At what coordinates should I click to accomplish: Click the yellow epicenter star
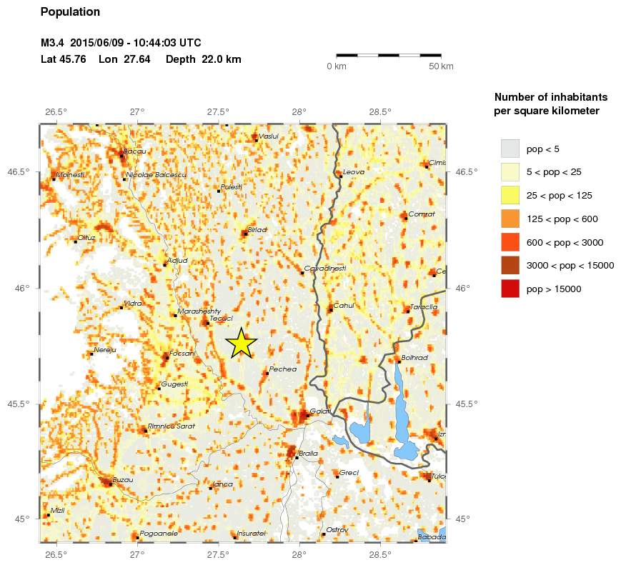tap(242, 343)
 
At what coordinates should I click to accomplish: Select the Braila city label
tap(309, 454)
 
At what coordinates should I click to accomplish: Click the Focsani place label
tap(183, 353)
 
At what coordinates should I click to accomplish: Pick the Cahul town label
tap(344, 306)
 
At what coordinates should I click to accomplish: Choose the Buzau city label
tap(123, 480)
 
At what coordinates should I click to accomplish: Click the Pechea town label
tap(283, 369)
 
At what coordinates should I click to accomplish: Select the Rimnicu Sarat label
tap(171, 426)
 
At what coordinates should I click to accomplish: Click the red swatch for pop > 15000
tap(510, 289)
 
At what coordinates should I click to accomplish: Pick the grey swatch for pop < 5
tap(510, 149)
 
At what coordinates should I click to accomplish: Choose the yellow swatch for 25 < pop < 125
tap(510, 195)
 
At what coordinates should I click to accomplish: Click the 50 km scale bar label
tap(441, 66)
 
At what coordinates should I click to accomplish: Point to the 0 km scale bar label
tap(337, 66)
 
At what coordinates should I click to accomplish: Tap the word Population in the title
tap(71, 12)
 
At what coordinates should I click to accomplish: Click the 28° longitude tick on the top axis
tap(299, 112)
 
